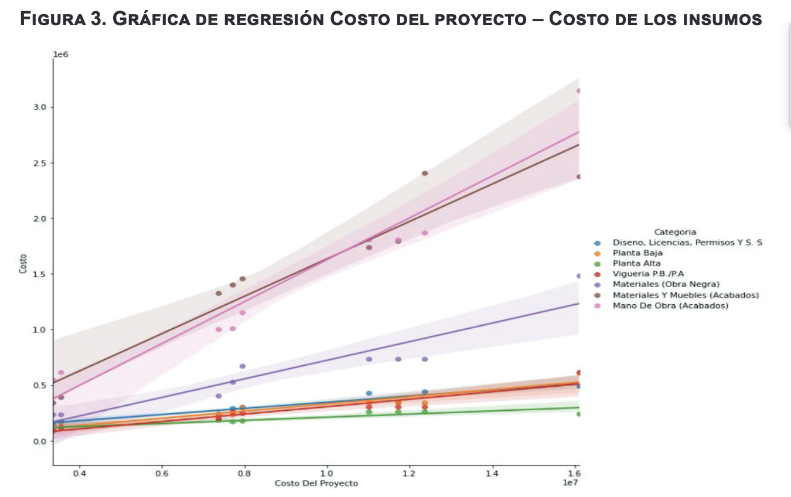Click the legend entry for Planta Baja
point(637,253)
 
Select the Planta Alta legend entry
point(636,264)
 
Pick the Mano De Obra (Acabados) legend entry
point(670,305)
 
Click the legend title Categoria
point(675,232)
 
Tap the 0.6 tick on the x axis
point(162,473)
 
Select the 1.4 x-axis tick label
point(492,473)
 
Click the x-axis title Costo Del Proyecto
point(316,484)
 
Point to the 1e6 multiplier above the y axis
point(61,55)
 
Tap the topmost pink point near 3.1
point(579,91)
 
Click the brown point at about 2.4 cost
point(425,173)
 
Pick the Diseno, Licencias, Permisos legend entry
point(687,243)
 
